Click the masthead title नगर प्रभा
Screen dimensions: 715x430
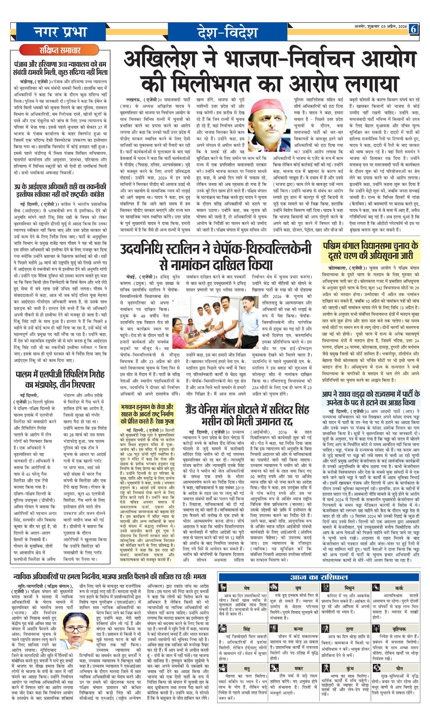61,32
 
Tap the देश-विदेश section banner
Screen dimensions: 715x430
227,32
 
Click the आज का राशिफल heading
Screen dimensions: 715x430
319,577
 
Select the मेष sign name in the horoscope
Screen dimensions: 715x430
247,588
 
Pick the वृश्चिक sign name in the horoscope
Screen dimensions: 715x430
399,629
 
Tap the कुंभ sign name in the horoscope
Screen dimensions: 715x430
350,668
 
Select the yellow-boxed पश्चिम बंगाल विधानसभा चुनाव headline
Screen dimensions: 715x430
371,251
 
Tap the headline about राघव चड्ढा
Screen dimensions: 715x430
371,398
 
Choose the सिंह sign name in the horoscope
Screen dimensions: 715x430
247,629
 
